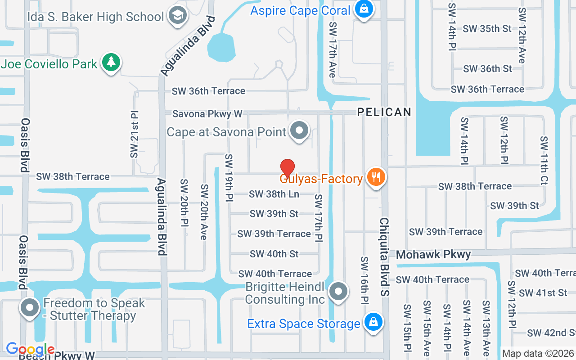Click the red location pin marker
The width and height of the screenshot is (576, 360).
coord(288,169)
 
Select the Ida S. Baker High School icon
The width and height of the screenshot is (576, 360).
coord(177,16)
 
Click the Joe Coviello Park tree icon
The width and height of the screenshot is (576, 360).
coord(111,62)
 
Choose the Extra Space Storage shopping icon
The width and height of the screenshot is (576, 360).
coord(373,322)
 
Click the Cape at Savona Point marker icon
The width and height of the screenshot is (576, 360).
coord(299,131)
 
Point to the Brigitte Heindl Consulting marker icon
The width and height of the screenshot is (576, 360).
coord(338,291)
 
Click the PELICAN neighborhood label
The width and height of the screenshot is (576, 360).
coord(384,112)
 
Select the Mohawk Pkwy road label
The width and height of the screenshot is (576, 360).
coord(433,255)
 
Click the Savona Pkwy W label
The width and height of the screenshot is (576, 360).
coord(207,114)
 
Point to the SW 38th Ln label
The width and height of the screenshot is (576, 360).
coord(274,194)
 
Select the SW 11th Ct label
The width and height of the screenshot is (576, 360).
coord(544,154)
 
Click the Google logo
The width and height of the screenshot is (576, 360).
coord(30,349)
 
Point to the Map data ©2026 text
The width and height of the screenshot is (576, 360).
coord(538,353)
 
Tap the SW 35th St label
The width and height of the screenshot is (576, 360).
coord(487,28)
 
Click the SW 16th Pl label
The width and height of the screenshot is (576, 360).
coord(364,279)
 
